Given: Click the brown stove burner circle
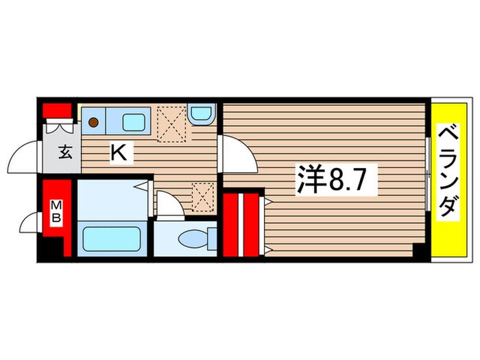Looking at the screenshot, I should (x=93, y=123).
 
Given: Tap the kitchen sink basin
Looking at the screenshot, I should (x=134, y=123).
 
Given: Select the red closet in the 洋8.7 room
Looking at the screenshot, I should (x=241, y=224).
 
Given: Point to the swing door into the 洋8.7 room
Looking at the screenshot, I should (x=237, y=154).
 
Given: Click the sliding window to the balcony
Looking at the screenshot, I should (x=428, y=174).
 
